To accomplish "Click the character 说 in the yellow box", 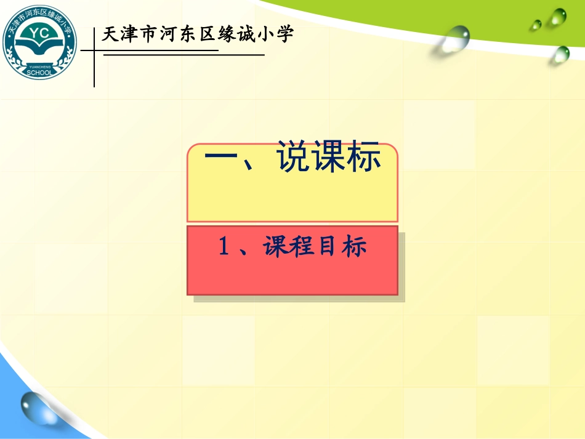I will click(293, 158).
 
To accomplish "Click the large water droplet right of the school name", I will click(456, 38).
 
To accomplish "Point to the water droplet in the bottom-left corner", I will click(36, 407).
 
